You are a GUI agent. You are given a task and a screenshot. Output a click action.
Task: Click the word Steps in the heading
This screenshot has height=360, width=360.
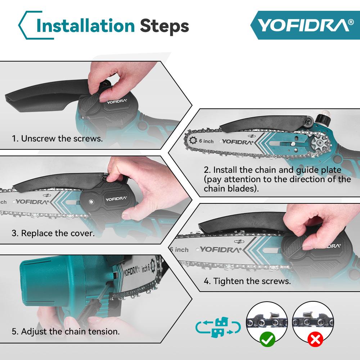tap(164, 26)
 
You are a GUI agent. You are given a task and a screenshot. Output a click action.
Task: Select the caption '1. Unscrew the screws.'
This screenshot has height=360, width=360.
tap(57, 138)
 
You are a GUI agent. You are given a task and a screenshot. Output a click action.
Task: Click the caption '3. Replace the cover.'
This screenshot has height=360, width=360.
tap(53, 233)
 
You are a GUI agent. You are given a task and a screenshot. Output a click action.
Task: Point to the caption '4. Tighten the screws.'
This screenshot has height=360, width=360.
tap(247, 281)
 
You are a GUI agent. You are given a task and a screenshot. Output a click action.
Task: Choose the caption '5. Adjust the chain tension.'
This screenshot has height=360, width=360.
tap(66, 331)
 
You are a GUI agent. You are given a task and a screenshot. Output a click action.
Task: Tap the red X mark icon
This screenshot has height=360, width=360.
tap(315, 339)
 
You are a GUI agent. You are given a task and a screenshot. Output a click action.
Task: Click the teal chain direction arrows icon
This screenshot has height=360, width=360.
tap(217, 328)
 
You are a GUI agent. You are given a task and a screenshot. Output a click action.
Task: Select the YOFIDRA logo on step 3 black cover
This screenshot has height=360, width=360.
tap(116, 198)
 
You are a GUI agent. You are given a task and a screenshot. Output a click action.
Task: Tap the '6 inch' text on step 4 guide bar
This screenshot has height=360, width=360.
tap(180, 249)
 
